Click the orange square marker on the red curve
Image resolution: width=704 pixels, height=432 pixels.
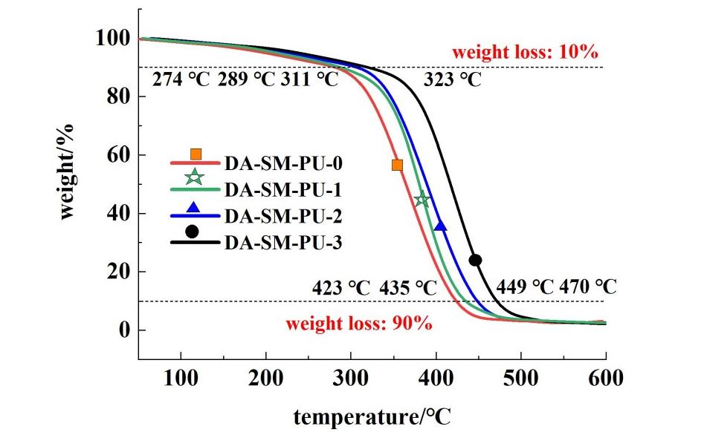pos(397,165)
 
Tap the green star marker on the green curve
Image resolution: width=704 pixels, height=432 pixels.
pos(422,199)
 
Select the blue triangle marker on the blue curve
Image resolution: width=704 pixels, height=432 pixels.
pos(440,226)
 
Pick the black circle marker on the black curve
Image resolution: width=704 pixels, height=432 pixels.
pos(475,260)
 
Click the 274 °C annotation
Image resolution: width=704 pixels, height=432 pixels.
pos(182,79)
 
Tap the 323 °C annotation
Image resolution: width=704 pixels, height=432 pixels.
pos(453,79)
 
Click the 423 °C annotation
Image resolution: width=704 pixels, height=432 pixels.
pos(342,287)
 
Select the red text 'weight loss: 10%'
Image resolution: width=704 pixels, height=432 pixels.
pos(526,53)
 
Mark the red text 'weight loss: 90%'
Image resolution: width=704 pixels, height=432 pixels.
pos(359,324)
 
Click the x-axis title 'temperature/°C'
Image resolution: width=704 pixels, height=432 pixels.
pos(372,416)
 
